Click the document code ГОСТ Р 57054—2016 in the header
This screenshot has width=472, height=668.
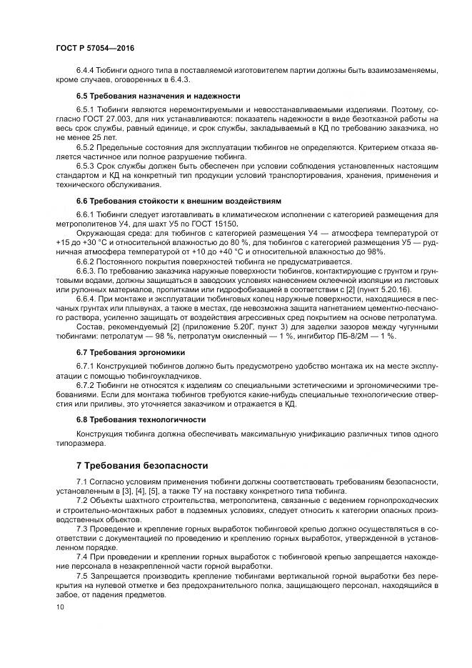click(95, 47)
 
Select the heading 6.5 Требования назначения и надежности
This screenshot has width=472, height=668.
click(158, 96)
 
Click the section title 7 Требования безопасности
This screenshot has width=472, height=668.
click(142, 464)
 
